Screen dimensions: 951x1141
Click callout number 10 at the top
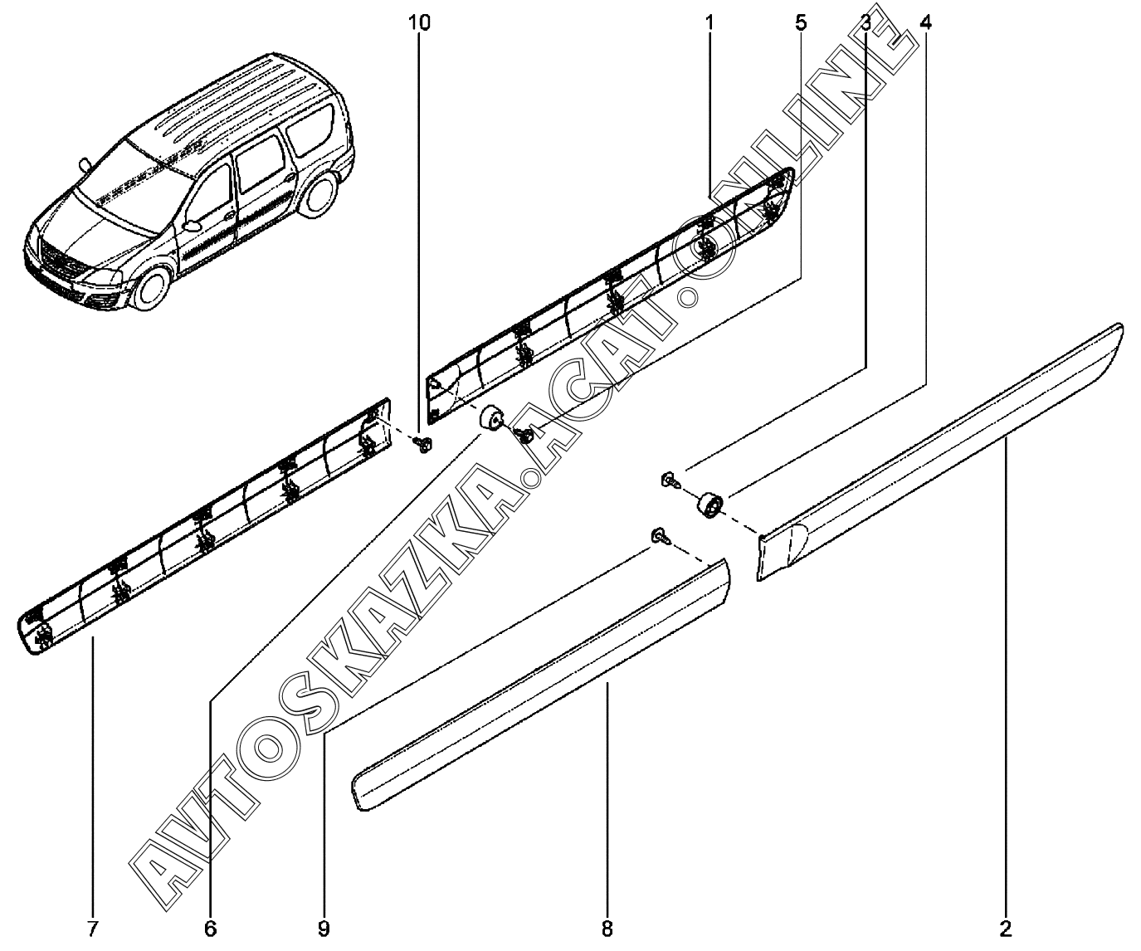pyautogui.click(x=420, y=23)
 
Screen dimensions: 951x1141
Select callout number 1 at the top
pyautogui.click(x=709, y=23)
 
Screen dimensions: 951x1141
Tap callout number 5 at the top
pyautogui.click(x=801, y=23)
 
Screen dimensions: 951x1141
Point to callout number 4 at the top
pyautogui.click(x=925, y=23)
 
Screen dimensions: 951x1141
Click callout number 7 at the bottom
pyautogui.click(x=92, y=927)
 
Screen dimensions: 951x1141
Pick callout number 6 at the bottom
pyautogui.click(x=210, y=927)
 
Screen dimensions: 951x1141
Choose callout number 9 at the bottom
pyautogui.click(x=324, y=927)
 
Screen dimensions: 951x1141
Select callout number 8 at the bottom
pyautogui.click(x=607, y=927)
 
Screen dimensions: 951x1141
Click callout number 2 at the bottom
pyautogui.click(x=1007, y=927)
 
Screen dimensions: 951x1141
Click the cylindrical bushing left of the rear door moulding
pyautogui.click(x=708, y=504)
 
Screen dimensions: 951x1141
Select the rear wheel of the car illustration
pyautogui.click(x=316, y=198)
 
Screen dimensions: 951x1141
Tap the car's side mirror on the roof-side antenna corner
pyautogui.click(x=85, y=163)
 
